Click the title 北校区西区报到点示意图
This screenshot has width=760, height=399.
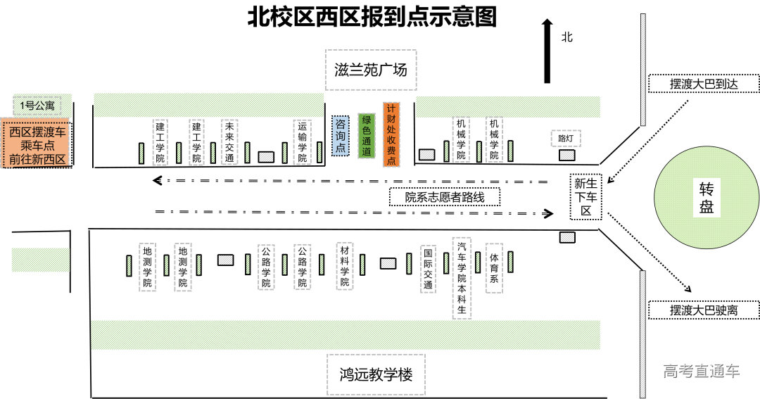coord(372,17)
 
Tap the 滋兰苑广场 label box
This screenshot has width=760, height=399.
coord(371,70)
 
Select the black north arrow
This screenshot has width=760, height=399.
coord(547,51)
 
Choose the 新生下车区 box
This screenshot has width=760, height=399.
coord(585,196)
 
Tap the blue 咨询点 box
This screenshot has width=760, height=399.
coord(340,135)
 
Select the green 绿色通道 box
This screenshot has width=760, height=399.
coord(366,134)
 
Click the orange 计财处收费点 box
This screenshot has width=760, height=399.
coord(391,134)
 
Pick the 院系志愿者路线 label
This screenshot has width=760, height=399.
coord(445,197)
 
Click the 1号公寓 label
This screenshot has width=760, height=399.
coord(37,106)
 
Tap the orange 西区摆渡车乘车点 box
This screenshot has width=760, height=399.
coord(37,145)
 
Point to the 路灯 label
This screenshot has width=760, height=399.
coord(566,138)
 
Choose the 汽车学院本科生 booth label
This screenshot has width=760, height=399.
coord(462,277)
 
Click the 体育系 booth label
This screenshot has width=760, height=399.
coord(494,268)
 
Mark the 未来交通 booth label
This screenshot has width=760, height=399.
coord(229,141)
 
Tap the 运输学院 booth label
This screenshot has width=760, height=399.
coord(302,141)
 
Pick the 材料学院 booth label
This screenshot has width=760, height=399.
coord(345,267)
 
